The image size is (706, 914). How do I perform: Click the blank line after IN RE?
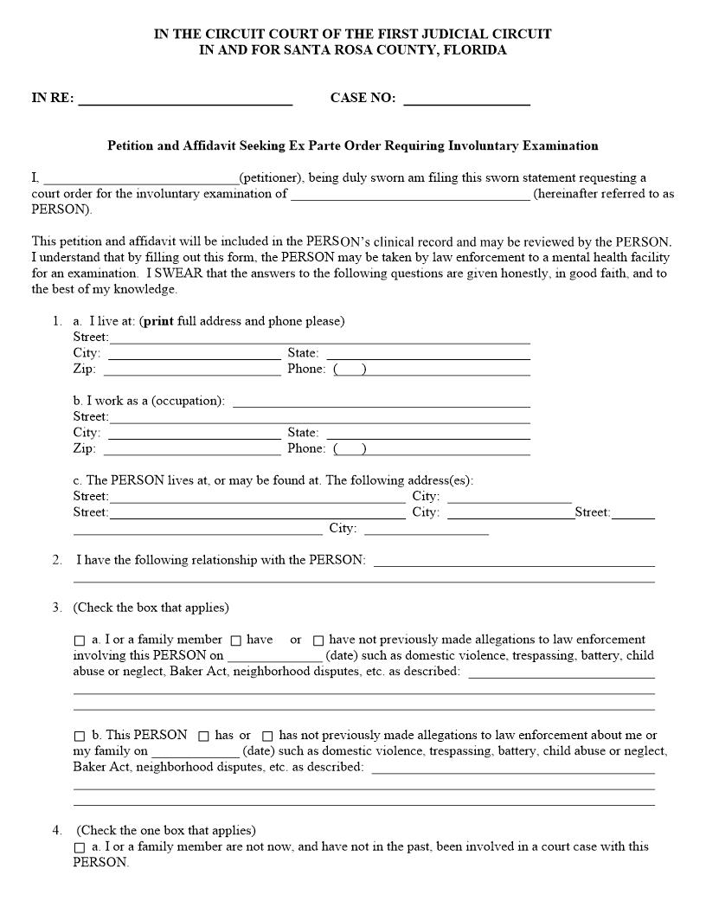[185, 99]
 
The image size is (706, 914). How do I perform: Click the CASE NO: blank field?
[466, 99]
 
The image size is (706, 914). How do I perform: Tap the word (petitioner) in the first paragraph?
[271, 178]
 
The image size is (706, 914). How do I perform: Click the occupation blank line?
[382, 401]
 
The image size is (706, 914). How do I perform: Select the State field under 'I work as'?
[427, 433]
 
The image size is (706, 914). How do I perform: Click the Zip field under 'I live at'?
[191, 370]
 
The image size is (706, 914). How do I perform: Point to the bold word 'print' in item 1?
[158, 321]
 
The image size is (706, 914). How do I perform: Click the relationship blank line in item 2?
[514, 560]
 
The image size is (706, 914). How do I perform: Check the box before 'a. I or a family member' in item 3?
[80, 640]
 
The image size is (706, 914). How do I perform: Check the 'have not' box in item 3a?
[318, 640]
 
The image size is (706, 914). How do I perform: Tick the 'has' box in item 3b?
[204, 736]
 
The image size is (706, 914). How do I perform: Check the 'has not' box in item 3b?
[267, 736]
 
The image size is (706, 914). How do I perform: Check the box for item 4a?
[80, 847]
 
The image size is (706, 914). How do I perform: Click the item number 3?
[56, 608]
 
